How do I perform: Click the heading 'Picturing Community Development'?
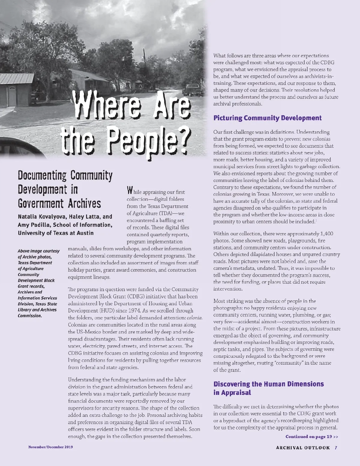267,118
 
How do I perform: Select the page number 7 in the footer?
336,448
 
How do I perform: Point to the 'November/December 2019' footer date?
51,447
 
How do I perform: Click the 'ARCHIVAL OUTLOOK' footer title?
303,448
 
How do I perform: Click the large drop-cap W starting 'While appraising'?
130,191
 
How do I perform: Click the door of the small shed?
11,96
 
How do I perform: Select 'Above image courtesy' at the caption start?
38,251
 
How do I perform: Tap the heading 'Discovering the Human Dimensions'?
268,384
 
